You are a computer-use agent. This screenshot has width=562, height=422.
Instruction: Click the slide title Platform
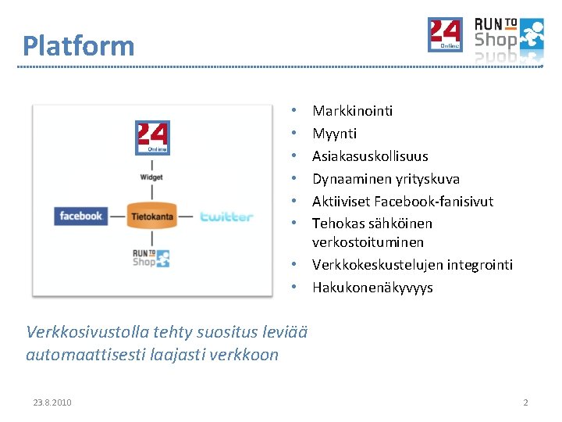pyautogui.click(x=78, y=45)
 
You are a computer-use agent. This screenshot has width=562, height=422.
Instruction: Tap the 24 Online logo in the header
pyautogui.click(x=445, y=34)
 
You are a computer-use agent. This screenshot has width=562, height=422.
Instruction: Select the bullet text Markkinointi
pyautogui.click(x=352, y=111)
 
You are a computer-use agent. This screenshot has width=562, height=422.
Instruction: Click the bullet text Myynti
pyautogui.click(x=334, y=134)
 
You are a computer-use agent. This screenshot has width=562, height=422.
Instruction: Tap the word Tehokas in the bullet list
pyautogui.click(x=334, y=224)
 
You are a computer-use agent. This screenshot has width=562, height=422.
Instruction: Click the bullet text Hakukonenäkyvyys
pyautogui.click(x=372, y=288)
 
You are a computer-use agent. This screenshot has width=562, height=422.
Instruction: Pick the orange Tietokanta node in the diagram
pyautogui.click(x=151, y=216)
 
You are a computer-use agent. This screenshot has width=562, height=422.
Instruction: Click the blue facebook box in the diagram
pyautogui.click(x=81, y=216)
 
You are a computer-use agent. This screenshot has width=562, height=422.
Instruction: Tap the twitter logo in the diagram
pyautogui.click(x=226, y=216)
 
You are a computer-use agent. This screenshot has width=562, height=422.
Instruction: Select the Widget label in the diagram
pyautogui.click(x=151, y=177)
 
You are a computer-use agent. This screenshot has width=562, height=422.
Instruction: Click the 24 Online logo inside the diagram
pyautogui.click(x=152, y=137)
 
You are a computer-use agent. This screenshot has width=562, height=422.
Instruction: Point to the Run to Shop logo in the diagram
pyautogui.click(x=151, y=258)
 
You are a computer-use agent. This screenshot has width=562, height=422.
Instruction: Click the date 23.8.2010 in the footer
pyautogui.click(x=52, y=402)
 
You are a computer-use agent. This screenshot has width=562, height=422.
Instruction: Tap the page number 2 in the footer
pyautogui.click(x=525, y=402)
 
